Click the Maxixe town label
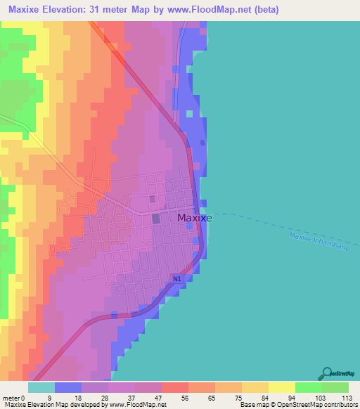195,218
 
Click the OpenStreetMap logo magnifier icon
326,372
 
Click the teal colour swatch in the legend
41,387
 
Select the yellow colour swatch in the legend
281,387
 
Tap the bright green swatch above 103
308,387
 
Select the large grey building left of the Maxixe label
156,219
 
